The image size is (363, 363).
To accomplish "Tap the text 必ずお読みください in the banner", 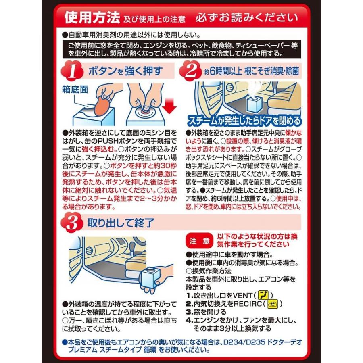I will [x=247, y=18].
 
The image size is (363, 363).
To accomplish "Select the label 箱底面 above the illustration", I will [x=75, y=89].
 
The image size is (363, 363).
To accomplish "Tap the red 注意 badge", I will [x=200, y=241].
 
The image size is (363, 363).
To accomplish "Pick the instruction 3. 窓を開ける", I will [x=206, y=312].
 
